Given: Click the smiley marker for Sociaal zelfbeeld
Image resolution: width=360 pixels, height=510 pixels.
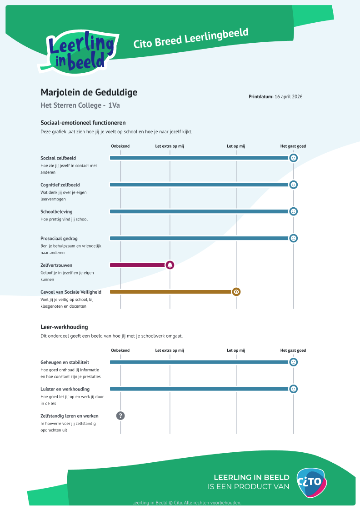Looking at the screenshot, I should pos(294,158).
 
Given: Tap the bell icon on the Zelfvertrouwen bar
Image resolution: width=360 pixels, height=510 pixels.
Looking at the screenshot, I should pos(170,265).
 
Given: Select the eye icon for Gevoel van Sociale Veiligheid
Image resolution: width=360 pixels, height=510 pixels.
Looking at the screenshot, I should pos(236,292).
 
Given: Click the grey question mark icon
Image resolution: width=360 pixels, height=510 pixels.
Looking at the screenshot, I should pos(120,415).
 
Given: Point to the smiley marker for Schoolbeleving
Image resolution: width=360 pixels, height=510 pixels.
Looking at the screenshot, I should pos(294,211).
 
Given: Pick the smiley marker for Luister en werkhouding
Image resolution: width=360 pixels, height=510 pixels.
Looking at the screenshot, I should pos(294,389).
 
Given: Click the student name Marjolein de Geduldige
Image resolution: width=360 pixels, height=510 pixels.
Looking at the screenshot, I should pos(89,93).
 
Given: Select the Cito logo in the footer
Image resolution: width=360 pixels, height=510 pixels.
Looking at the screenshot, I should pos(311,482).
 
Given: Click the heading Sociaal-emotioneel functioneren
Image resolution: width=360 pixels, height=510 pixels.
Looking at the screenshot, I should pos(83,123).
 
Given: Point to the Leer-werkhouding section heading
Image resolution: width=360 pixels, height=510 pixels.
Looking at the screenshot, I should pos(64,327).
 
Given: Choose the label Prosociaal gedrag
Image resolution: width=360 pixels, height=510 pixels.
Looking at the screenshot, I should pos(59,238).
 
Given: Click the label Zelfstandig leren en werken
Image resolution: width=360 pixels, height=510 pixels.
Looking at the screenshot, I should pos(70,416).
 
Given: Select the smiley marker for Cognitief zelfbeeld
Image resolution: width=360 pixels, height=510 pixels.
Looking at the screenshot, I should pos(294,185).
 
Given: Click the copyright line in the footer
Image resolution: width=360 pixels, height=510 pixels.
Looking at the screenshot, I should pos(186,503).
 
